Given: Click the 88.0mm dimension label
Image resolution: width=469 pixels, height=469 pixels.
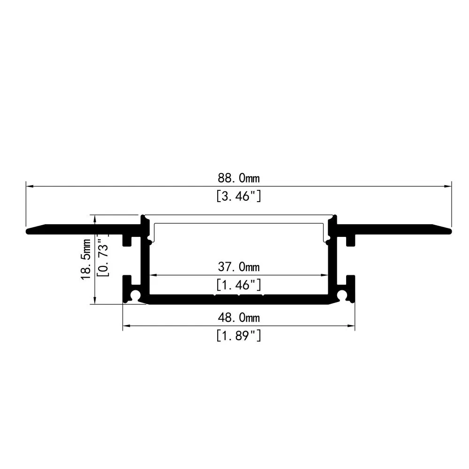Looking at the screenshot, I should click(x=238, y=178).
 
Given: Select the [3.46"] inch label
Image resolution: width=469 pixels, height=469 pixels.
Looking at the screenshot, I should click(x=238, y=197).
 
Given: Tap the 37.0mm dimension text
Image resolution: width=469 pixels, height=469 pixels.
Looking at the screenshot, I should click(x=238, y=267).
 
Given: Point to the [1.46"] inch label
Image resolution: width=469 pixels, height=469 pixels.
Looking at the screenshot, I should click(x=238, y=285).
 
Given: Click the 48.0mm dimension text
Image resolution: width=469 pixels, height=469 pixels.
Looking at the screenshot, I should click(x=238, y=318).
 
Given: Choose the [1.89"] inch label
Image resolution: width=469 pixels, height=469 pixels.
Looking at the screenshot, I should click(x=238, y=336).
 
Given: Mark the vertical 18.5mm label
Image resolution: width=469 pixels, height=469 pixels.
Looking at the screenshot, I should click(x=86, y=259).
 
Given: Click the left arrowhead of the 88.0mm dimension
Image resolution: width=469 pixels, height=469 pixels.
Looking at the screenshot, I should click(x=29, y=187).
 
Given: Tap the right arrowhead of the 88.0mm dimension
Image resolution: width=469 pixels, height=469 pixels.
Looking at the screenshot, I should click(x=448, y=187).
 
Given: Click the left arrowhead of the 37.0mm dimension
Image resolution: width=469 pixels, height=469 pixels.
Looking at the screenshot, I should click(x=152, y=276).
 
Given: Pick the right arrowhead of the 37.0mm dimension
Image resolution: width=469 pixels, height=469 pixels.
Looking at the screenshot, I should click(x=325, y=276).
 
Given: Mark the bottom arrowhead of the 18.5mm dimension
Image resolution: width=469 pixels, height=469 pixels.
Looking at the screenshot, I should click(x=96, y=301).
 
